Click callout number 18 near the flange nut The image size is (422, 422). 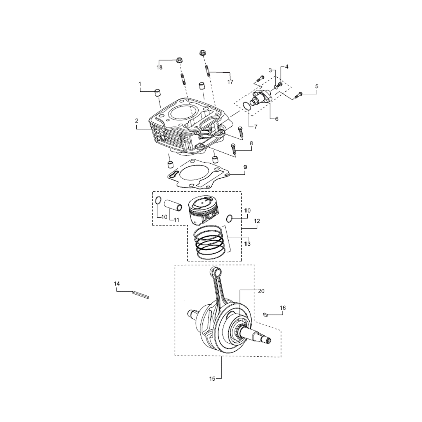[159, 68]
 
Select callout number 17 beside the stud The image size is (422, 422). [230, 82]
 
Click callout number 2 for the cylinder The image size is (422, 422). [137, 121]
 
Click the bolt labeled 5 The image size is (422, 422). [300, 94]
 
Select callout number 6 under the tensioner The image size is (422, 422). [276, 119]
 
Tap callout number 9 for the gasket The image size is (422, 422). [245, 167]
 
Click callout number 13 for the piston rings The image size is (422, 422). [247, 243]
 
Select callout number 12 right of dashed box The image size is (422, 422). [257, 221]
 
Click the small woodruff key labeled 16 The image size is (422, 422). [265, 313]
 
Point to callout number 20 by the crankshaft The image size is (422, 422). [261, 291]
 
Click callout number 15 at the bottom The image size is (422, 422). [212, 379]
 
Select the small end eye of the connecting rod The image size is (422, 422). [216, 272]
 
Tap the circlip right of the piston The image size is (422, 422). [231, 218]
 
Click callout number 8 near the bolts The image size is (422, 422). [251, 143]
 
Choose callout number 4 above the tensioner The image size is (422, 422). [286, 67]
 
